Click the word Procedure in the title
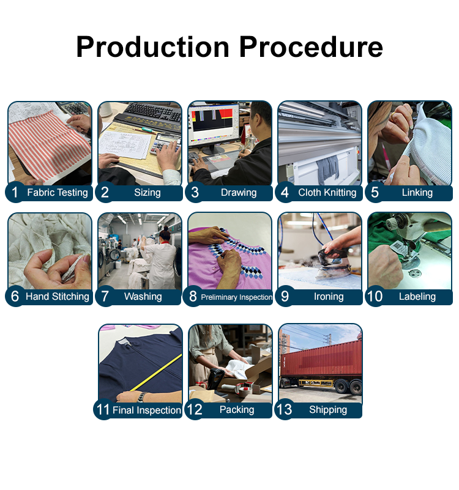point(311,47)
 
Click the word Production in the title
point(153,47)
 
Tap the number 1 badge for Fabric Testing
point(15,192)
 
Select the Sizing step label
point(147,193)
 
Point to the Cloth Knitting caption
point(327,193)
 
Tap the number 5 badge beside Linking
point(375,192)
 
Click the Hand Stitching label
point(57,296)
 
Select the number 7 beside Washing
point(105,296)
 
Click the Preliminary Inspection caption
point(236,297)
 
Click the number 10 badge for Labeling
point(375,296)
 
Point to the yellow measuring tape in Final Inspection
point(155,373)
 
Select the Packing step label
point(237,409)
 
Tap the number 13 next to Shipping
point(284,409)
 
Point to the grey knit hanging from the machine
point(327,169)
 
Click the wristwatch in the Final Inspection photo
point(141,396)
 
